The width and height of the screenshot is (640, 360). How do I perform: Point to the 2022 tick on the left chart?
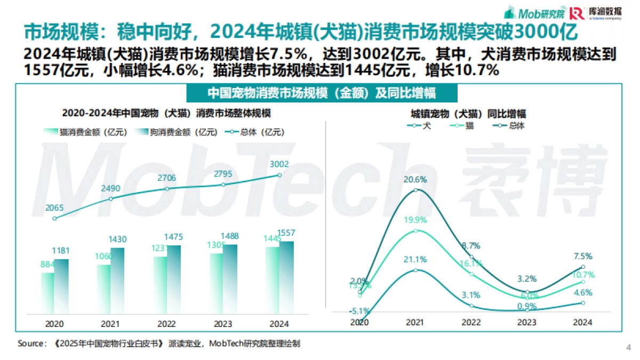click(167, 324)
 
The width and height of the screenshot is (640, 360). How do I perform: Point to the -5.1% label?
click(358, 311)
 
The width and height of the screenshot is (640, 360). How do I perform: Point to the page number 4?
click(628, 347)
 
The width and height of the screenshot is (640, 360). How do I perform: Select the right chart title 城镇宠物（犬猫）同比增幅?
click(468, 114)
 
